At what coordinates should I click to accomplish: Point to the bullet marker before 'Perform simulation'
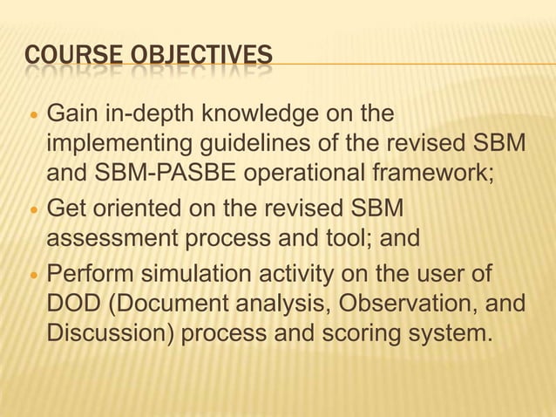point(33,277)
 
